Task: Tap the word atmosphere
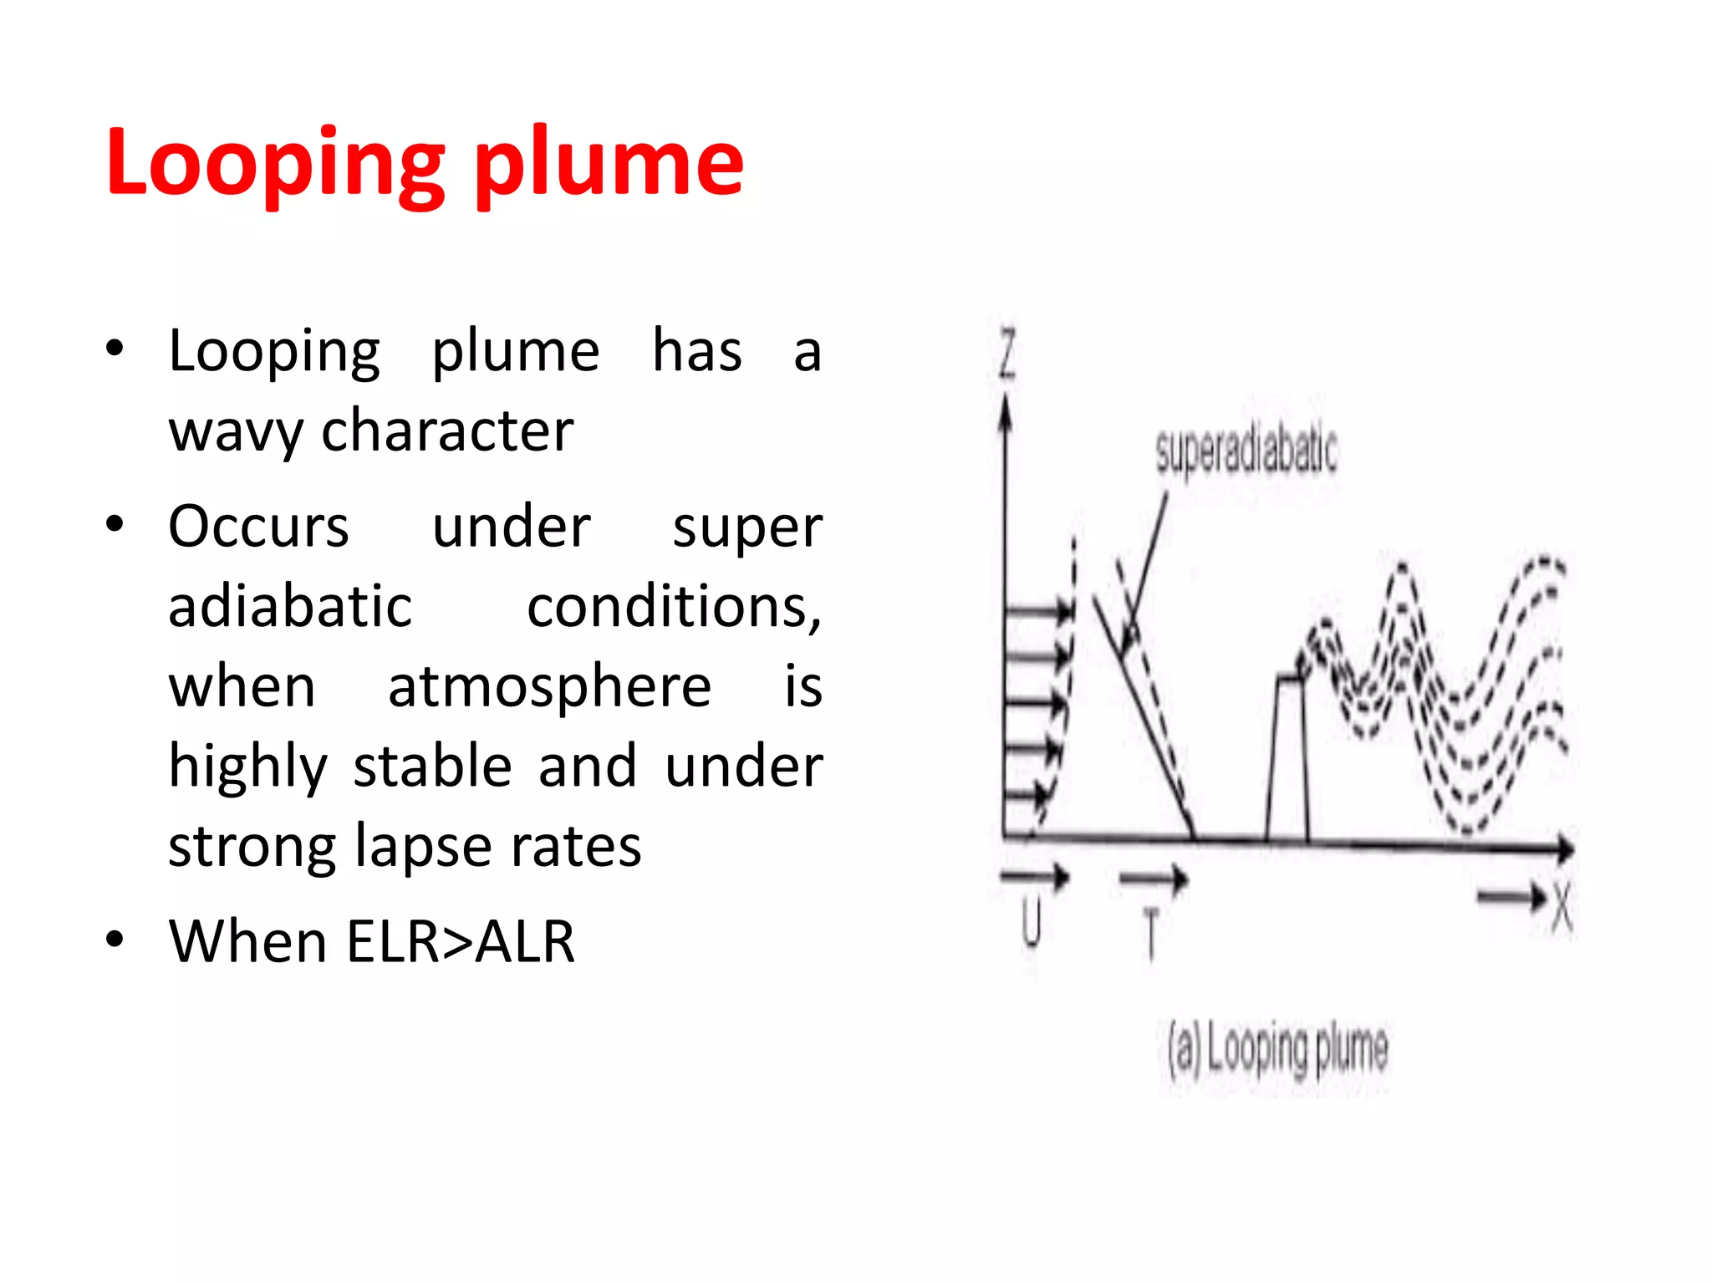pos(549,686)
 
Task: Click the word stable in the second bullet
pos(432,766)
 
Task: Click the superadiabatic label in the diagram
pos(1246,451)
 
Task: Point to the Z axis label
pos(1008,354)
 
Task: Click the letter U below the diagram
pos(1032,923)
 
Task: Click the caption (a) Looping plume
pos(1277,1049)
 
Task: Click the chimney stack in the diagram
pos(1287,757)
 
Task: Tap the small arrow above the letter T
pos(1154,878)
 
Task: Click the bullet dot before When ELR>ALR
pos(115,939)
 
